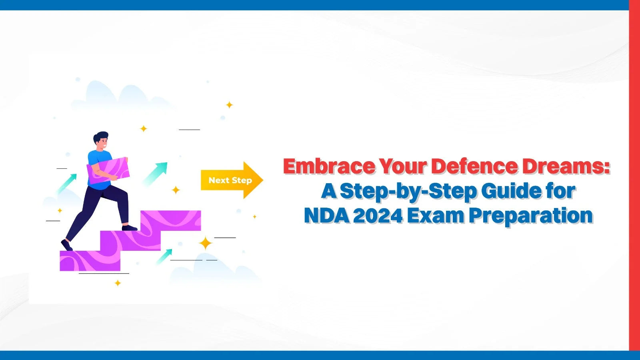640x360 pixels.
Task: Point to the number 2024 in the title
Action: pyautogui.click(x=378, y=216)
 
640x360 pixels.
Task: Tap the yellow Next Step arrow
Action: pyautogui.click(x=232, y=180)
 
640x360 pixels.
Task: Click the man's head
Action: pyautogui.click(x=102, y=141)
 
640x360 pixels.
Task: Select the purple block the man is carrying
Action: pyautogui.click(x=108, y=171)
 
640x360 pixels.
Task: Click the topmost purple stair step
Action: pyautogui.click(x=170, y=220)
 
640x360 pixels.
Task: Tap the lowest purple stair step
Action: pyautogui.click(x=90, y=261)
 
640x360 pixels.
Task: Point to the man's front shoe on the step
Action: pyautogui.click(x=130, y=228)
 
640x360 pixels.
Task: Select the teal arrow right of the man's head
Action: pyautogui.click(x=156, y=173)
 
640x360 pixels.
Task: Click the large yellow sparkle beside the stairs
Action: pyautogui.click(x=206, y=244)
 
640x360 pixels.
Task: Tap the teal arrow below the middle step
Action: pyautogui.click(x=164, y=256)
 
